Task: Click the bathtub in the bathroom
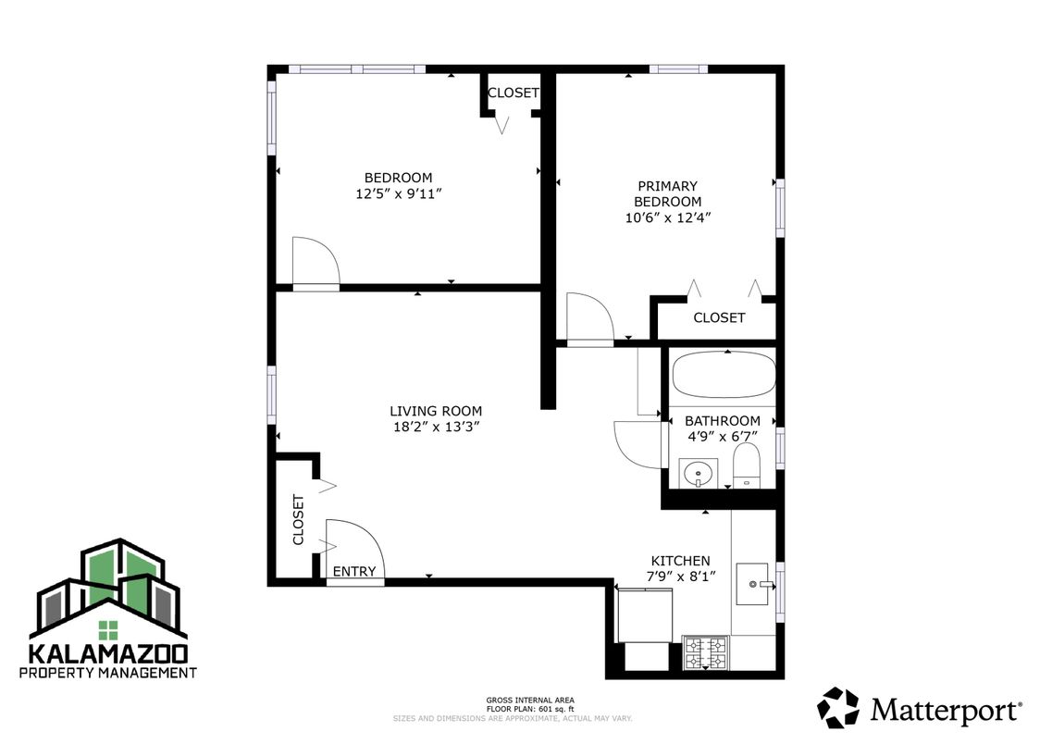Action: click(x=723, y=378)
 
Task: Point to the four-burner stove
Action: click(x=706, y=653)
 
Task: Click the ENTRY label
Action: click(x=354, y=572)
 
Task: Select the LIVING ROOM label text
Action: click(x=435, y=411)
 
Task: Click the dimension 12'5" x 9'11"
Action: click(x=398, y=194)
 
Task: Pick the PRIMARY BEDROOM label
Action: click(x=667, y=193)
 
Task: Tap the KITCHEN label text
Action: click(x=680, y=561)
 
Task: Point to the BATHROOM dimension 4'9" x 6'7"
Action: click(x=722, y=437)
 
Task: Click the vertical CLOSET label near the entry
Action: click(x=298, y=519)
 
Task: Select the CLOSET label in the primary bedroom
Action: click(x=719, y=317)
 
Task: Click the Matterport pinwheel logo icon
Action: click(x=837, y=708)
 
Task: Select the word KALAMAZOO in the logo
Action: click(x=108, y=653)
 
